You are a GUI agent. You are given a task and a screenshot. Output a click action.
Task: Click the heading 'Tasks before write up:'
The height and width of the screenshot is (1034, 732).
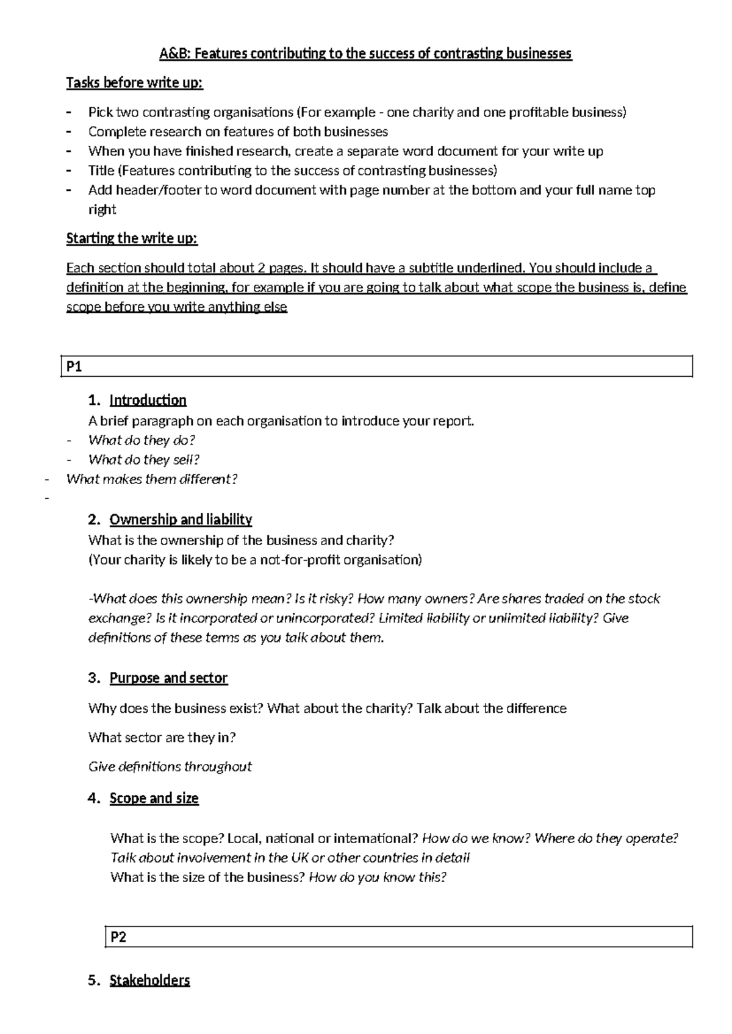(x=134, y=82)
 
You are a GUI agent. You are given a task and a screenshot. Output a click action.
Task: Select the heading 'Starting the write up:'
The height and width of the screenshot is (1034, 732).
(x=132, y=238)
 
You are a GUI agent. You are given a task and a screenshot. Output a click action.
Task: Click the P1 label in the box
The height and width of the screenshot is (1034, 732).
(x=74, y=367)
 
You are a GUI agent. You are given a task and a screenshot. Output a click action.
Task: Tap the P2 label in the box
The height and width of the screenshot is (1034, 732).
(x=118, y=937)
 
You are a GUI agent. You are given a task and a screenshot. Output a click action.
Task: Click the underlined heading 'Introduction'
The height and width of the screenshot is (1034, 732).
(x=148, y=400)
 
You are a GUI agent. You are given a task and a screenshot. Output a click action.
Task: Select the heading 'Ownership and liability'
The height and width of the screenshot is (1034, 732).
(x=181, y=519)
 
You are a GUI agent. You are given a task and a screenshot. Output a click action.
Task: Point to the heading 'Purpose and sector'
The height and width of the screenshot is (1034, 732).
(x=168, y=678)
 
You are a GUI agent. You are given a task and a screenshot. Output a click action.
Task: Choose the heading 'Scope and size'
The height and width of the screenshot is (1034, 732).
(x=154, y=798)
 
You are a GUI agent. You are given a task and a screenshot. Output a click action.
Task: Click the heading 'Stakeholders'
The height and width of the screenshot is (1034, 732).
(x=149, y=980)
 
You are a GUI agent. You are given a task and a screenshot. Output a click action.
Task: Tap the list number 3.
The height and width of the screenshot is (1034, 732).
(x=93, y=678)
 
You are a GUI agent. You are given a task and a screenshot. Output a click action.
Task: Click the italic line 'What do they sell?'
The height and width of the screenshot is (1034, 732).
(x=144, y=460)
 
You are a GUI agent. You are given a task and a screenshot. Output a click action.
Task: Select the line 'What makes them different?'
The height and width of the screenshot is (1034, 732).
(x=151, y=479)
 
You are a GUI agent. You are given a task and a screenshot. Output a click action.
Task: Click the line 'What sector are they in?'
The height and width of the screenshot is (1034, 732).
(x=162, y=738)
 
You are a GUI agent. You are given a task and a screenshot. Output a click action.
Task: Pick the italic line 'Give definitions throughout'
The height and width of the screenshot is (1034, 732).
(x=170, y=767)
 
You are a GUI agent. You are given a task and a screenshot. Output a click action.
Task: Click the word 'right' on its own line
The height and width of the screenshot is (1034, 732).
(x=102, y=210)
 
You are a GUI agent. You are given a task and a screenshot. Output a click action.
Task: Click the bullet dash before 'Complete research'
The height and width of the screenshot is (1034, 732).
(x=70, y=132)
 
